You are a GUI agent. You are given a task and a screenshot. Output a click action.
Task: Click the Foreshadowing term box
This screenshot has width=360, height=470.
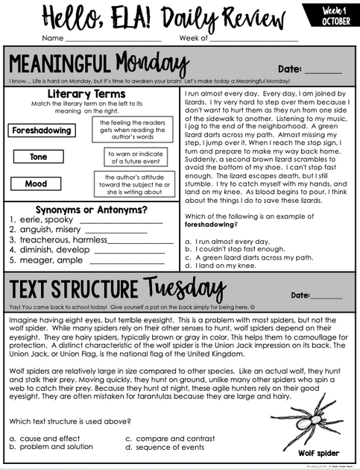pos(42,131)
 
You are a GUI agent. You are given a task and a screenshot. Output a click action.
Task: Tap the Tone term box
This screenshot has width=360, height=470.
pos(38,157)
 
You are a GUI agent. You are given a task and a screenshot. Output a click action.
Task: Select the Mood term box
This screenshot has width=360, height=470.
pos(36,184)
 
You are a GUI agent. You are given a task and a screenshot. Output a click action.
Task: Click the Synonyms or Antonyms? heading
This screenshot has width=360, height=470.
pos(91,210)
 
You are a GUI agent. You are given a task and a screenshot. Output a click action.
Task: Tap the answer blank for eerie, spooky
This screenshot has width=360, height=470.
pos(120,222)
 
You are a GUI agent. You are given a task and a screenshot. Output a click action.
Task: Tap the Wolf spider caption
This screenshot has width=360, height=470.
pos(318,453)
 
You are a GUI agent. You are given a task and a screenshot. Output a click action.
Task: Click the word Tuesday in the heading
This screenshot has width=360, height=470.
pos(183,289)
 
